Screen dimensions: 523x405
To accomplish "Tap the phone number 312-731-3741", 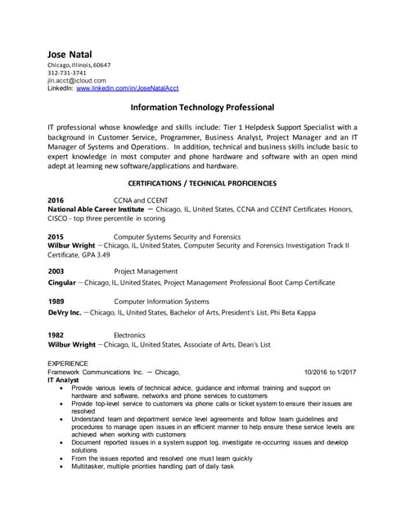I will (67, 73).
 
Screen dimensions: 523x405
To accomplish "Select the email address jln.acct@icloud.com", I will (77, 81).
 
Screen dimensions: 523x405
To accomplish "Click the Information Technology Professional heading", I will (202, 108).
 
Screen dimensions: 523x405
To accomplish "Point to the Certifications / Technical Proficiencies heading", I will (202, 184).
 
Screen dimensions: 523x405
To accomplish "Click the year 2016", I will (56, 200).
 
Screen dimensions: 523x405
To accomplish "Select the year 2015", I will (56, 236).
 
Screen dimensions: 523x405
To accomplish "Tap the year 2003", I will (56, 271).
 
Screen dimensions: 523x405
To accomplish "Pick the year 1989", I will (56, 302).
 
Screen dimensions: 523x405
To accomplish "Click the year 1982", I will (56, 335).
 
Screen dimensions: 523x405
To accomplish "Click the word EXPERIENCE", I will (69, 363).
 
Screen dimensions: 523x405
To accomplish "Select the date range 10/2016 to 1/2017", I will (330, 372).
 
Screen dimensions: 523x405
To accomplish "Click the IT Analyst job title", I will (63, 380).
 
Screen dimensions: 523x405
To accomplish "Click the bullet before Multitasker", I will (64, 467).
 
